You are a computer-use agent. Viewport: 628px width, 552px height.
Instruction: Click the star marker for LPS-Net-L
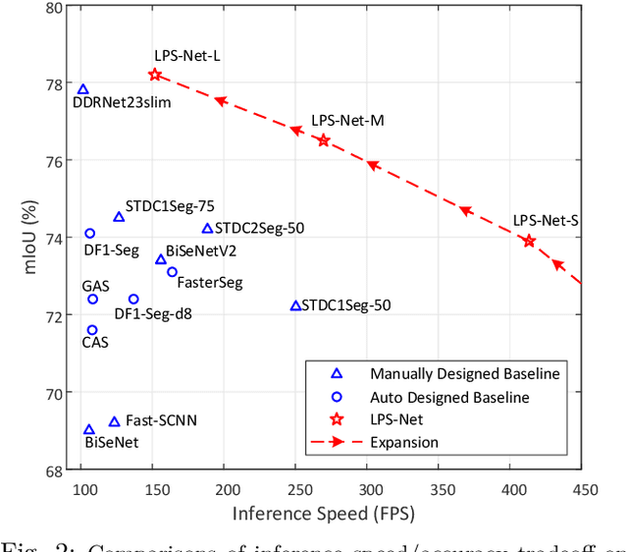pos(155,75)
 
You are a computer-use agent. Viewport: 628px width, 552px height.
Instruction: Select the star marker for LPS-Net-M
pos(323,140)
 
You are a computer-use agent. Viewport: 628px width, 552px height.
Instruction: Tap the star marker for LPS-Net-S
pos(529,241)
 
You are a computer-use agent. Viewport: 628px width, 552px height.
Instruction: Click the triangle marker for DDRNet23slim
pos(83,89)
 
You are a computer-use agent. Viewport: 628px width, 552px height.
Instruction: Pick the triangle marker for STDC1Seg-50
pos(295,305)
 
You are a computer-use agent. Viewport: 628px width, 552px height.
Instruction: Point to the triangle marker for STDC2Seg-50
pos(207,228)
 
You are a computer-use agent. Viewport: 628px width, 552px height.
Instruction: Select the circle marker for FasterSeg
pos(172,272)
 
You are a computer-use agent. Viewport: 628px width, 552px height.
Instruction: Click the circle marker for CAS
pos(92,330)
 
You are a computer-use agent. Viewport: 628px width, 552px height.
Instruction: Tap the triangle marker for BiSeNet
pos(89,429)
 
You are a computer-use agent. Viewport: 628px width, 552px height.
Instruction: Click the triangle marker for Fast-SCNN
pos(114,420)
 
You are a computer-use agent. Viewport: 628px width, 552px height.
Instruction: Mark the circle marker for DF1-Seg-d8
pos(133,299)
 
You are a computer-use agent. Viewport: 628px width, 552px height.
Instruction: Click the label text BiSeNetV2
pos(201,251)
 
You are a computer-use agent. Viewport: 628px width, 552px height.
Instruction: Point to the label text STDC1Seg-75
pos(178,206)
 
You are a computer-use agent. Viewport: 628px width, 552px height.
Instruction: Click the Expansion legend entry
pos(404,442)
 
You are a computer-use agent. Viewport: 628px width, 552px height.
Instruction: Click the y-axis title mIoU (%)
pos(28,238)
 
